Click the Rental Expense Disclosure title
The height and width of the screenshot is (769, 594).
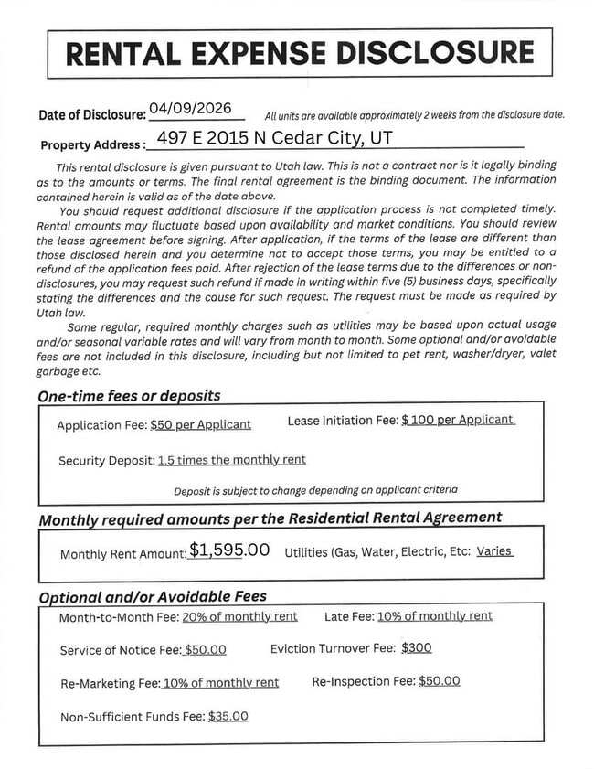[300, 52]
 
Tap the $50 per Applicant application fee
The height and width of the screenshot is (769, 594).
[200, 425]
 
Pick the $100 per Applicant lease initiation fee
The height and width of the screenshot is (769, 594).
[458, 421]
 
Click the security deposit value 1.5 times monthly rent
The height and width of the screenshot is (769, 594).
[232, 460]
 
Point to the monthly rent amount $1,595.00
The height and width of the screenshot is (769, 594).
[229, 550]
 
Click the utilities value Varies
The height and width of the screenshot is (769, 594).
[494, 552]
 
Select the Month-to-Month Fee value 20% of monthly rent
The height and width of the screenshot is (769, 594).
[239, 617]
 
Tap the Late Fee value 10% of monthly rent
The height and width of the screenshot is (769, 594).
[434, 616]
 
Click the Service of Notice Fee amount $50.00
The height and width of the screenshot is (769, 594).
[205, 650]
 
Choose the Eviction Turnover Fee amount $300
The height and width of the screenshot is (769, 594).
[416, 648]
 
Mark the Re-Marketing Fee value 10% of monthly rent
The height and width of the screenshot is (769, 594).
[220, 683]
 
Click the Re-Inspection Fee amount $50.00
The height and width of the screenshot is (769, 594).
[439, 681]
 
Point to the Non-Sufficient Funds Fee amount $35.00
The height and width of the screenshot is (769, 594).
[228, 717]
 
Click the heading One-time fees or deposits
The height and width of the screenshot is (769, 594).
[129, 397]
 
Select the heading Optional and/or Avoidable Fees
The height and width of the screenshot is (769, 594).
[153, 596]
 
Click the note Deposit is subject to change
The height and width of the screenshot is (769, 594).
[315, 491]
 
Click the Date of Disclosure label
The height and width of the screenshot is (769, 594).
[92, 115]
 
